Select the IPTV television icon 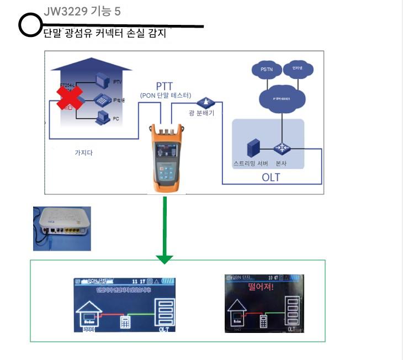point(103,81)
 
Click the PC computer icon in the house point(103,117)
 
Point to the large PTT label point(165,86)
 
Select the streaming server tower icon point(253,148)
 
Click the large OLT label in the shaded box point(271,177)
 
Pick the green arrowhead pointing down point(165,258)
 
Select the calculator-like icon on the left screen point(126,322)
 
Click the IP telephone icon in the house point(102,100)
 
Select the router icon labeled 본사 point(280,148)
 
